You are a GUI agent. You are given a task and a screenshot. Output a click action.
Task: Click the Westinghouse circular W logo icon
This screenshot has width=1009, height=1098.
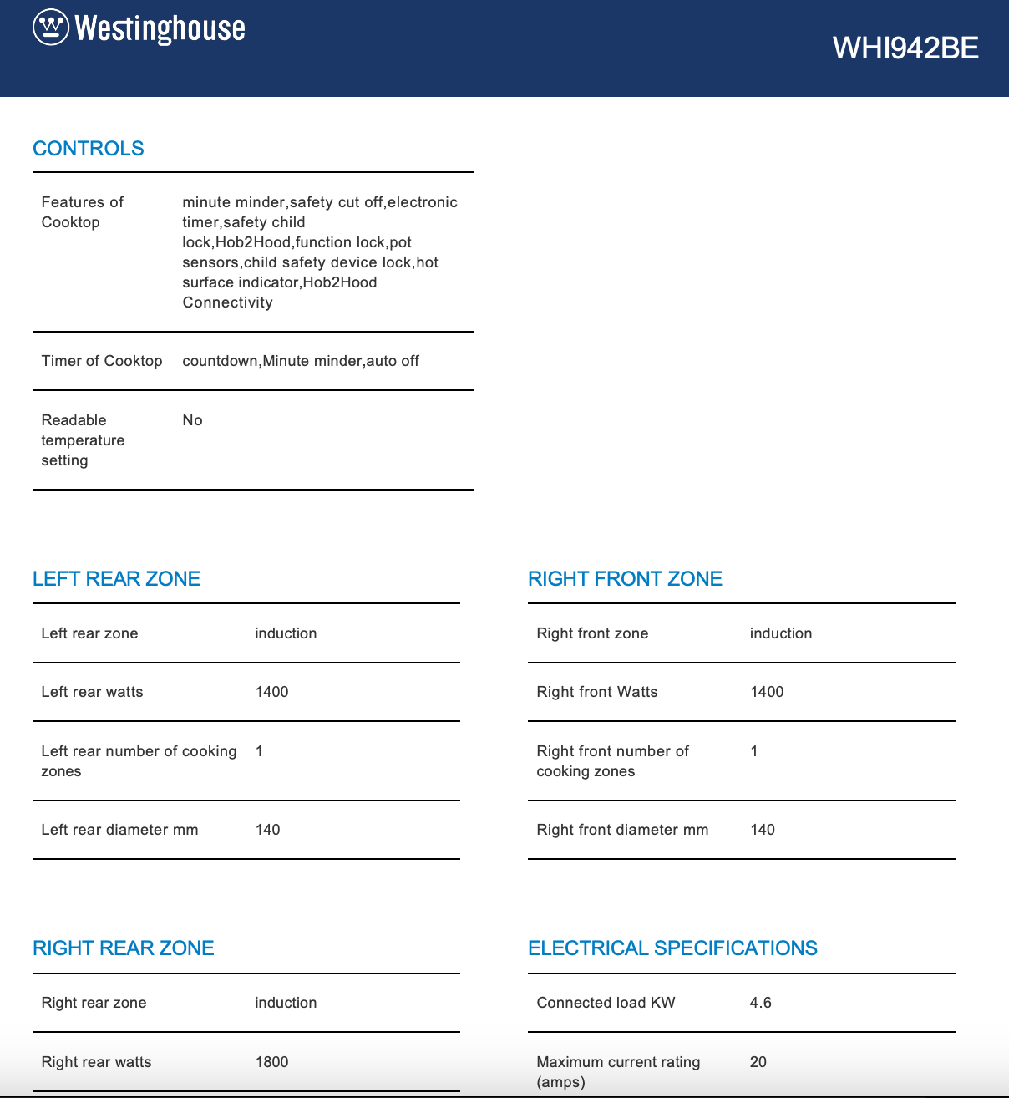coord(50,28)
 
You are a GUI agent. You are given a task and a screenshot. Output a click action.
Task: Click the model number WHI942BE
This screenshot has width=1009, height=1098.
coord(905,48)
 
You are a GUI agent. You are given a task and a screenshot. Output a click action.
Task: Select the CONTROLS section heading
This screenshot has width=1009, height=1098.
coord(89,149)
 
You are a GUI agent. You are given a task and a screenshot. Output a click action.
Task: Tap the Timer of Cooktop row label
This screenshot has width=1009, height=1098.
coord(102,361)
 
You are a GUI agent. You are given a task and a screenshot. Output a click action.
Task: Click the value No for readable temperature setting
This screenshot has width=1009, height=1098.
coord(192,420)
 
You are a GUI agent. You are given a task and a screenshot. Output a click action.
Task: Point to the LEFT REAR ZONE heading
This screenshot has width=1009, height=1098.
coord(116,579)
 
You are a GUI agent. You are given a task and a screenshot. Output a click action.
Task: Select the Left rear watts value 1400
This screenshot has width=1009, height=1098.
coord(271,692)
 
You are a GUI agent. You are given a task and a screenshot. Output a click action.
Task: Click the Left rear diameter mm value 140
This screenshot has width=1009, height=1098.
coord(267,830)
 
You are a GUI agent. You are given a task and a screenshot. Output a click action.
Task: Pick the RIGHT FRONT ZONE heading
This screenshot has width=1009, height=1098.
coord(625,579)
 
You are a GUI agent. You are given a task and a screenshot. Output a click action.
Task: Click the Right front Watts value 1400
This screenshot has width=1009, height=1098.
coord(767,692)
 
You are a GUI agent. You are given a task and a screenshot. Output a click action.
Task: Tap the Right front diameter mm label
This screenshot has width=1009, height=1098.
coord(622,830)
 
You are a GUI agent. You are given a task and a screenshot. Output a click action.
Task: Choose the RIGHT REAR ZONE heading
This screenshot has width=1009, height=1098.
coord(124,948)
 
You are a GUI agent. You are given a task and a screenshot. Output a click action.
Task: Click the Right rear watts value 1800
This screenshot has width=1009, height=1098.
coord(271,1062)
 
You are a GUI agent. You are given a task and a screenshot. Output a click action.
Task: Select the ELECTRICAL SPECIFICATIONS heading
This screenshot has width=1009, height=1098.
coord(672,948)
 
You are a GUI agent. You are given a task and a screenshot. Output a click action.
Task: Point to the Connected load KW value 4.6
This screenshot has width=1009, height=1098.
coord(760,1003)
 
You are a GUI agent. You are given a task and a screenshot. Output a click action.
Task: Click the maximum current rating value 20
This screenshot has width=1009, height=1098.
coord(758,1062)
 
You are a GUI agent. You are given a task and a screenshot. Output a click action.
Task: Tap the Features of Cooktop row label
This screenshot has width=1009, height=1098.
coord(82,212)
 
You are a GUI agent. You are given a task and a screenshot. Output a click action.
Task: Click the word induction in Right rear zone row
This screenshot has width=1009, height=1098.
coord(286,1003)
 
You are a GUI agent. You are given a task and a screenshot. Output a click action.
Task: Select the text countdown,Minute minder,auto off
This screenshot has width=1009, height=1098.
coord(301,361)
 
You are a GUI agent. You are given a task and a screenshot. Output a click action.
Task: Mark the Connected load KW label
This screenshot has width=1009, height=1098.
coord(606,1003)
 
